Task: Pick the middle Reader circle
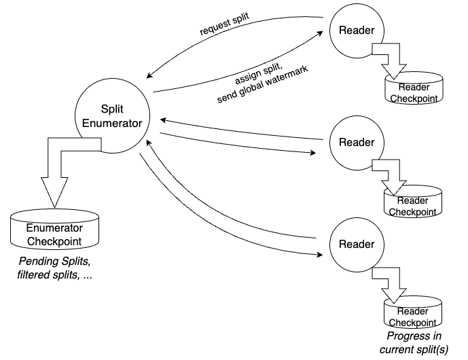pos(357,143)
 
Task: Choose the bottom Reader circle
pos(357,244)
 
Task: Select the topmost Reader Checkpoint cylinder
pos(414,90)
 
